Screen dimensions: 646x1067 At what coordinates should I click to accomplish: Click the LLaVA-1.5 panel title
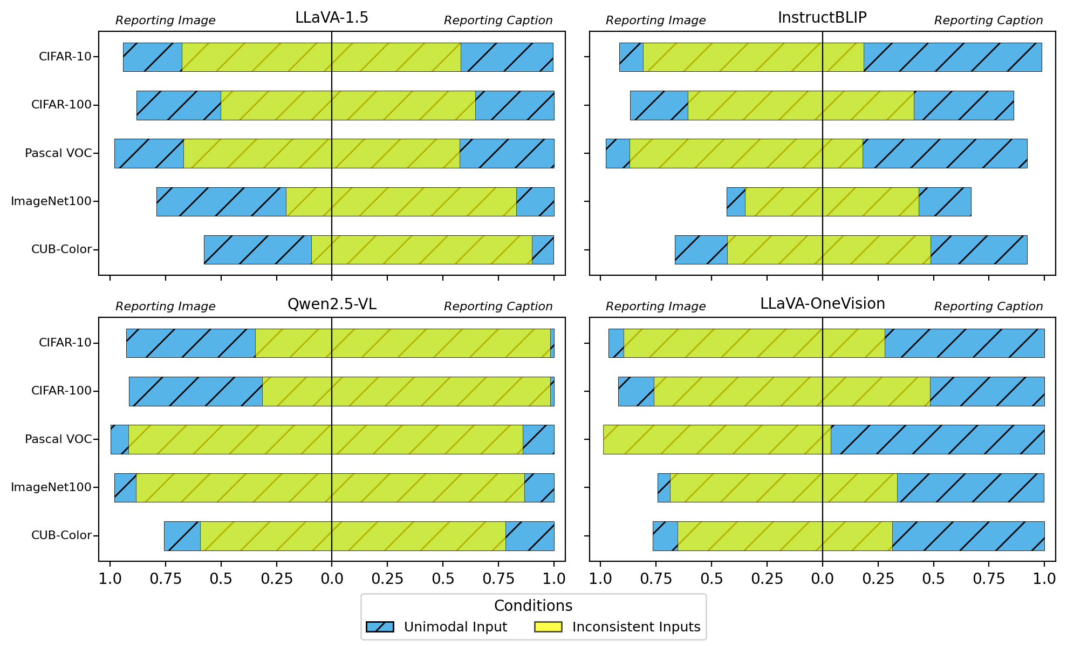(x=331, y=18)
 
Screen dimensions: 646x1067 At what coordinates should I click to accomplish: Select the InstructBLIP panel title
(x=822, y=18)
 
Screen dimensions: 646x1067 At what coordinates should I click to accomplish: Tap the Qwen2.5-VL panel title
(x=332, y=304)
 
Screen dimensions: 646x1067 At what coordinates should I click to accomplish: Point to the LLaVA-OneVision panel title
(x=822, y=304)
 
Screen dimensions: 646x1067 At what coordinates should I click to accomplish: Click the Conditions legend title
(x=533, y=606)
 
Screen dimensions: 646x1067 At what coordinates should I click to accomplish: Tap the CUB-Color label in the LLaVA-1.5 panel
(x=61, y=249)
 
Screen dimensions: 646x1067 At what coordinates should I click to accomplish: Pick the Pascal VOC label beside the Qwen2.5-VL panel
(x=58, y=439)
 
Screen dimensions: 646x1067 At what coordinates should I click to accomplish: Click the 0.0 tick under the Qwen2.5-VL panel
(x=332, y=579)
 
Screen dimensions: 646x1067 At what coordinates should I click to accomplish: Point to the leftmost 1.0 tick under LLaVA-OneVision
(x=600, y=579)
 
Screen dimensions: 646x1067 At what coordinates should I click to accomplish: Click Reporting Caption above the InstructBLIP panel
(x=988, y=21)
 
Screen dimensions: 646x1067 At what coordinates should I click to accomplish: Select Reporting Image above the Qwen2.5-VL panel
(x=165, y=307)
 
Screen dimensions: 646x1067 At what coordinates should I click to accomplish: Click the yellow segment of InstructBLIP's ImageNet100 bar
(x=831, y=202)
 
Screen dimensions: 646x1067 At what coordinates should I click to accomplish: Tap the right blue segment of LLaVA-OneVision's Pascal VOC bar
(x=937, y=439)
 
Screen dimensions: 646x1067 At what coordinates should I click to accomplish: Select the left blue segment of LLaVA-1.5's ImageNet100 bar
(x=221, y=202)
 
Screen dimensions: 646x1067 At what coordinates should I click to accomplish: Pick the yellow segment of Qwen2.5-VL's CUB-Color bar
(x=353, y=536)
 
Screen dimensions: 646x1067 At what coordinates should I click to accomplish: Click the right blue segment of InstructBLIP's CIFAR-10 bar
(x=952, y=57)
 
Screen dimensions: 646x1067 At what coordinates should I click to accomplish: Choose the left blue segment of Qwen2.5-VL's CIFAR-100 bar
(x=195, y=391)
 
